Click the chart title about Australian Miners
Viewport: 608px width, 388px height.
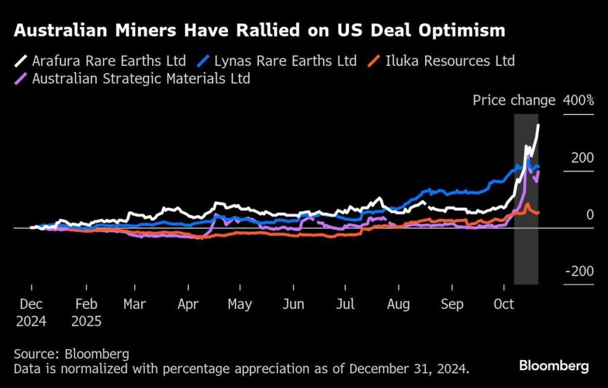pyautogui.click(x=259, y=31)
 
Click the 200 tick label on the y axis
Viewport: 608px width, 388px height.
pyautogui.click(x=582, y=158)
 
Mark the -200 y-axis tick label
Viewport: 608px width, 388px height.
pyautogui.click(x=579, y=271)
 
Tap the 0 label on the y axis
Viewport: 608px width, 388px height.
pyautogui.click(x=590, y=214)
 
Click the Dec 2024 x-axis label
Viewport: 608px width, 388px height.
pyautogui.click(x=31, y=313)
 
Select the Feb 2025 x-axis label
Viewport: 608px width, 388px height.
pyautogui.click(x=87, y=313)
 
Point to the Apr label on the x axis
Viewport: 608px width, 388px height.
pyautogui.click(x=188, y=304)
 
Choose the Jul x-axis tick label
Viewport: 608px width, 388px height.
pyautogui.click(x=345, y=304)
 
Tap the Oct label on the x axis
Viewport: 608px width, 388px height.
pyautogui.click(x=504, y=304)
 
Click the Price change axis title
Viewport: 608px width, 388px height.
pyautogui.click(x=514, y=100)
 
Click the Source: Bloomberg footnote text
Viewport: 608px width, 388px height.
pyautogui.click(x=71, y=354)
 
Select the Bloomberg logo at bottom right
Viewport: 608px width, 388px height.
pyautogui.click(x=554, y=365)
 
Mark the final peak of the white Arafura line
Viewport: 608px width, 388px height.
pyautogui.click(x=539, y=125)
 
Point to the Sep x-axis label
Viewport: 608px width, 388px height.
pyautogui.click(x=452, y=304)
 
